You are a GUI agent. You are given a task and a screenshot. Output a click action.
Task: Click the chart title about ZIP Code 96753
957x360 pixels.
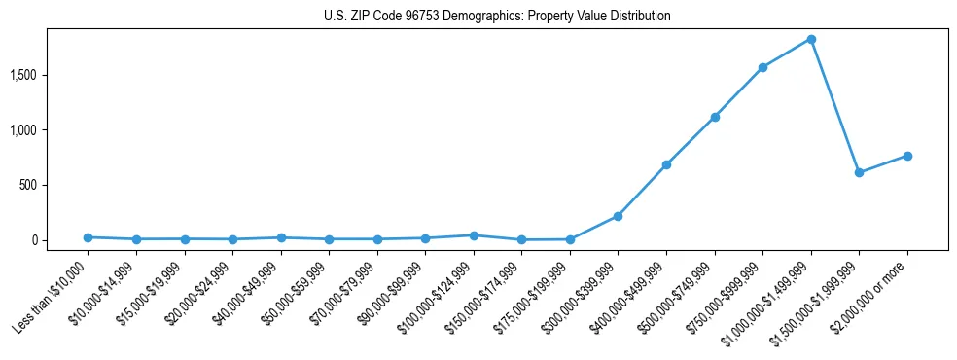pos(497,17)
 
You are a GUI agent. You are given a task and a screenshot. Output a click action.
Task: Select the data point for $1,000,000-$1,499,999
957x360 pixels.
pos(811,40)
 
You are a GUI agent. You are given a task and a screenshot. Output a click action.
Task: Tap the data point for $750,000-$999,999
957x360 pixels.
pos(762,68)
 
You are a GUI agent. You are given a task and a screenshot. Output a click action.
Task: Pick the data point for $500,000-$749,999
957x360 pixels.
pos(715,117)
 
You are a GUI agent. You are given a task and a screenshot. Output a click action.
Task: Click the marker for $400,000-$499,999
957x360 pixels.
pos(666,164)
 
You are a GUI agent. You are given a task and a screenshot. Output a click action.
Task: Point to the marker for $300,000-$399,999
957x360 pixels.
pos(619,216)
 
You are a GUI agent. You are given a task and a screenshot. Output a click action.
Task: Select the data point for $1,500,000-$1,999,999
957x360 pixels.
pos(859,172)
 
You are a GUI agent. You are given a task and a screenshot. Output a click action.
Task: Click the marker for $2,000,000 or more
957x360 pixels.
pos(907,156)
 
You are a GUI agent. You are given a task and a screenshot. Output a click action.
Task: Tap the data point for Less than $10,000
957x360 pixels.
pos(89,237)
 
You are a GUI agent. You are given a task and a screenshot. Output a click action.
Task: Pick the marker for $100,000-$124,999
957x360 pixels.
pos(474,235)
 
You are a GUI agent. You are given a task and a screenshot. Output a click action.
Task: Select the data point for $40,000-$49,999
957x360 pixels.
pos(281,237)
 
